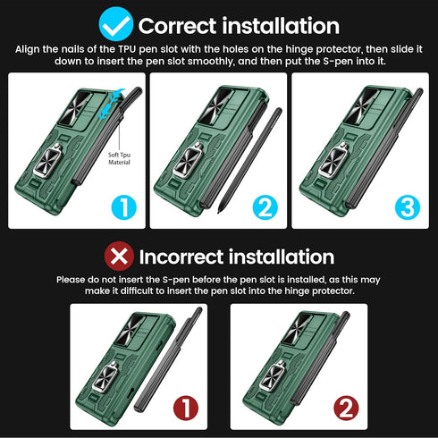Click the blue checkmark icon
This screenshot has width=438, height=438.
point(116,24)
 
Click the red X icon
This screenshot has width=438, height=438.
point(119,257)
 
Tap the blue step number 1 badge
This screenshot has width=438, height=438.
point(123,207)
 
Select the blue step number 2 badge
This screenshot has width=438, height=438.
point(265,207)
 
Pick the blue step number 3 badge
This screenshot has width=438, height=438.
point(408,207)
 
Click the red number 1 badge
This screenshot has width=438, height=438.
point(186,408)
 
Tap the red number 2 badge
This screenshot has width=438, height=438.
point(346,408)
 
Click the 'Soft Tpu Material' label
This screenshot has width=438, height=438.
point(119,158)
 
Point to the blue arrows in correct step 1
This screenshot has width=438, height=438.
point(112,104)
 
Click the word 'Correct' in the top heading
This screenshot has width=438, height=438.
point(177,26)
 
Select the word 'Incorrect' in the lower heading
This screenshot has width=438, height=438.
point(181,257)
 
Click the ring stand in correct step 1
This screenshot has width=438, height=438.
point(48,161)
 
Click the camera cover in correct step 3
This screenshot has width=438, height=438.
point(361,108)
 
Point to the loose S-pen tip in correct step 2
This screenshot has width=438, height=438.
point(219,211)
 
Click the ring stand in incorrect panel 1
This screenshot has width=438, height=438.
point(105,377)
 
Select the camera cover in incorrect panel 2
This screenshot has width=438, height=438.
point(299,329)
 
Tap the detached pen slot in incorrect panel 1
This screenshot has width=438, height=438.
point(168,360)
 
